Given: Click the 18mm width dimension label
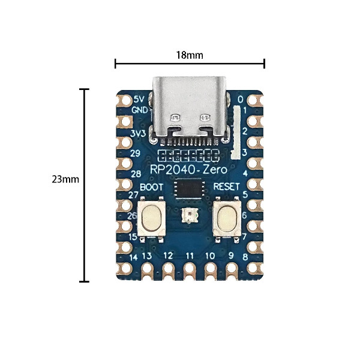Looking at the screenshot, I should (190, 55).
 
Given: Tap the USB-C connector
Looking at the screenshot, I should (190, 111).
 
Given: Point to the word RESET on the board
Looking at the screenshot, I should (227, 187).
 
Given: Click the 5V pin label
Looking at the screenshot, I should (139, 99).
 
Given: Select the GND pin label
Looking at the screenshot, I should (140, 110).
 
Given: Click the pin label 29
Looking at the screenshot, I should (136, 154).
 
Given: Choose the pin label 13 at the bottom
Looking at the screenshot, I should (146, 256).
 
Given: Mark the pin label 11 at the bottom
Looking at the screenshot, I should (190, 256).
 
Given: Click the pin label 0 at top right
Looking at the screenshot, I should (241, 99).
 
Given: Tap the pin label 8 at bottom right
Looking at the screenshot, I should (245, 258).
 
